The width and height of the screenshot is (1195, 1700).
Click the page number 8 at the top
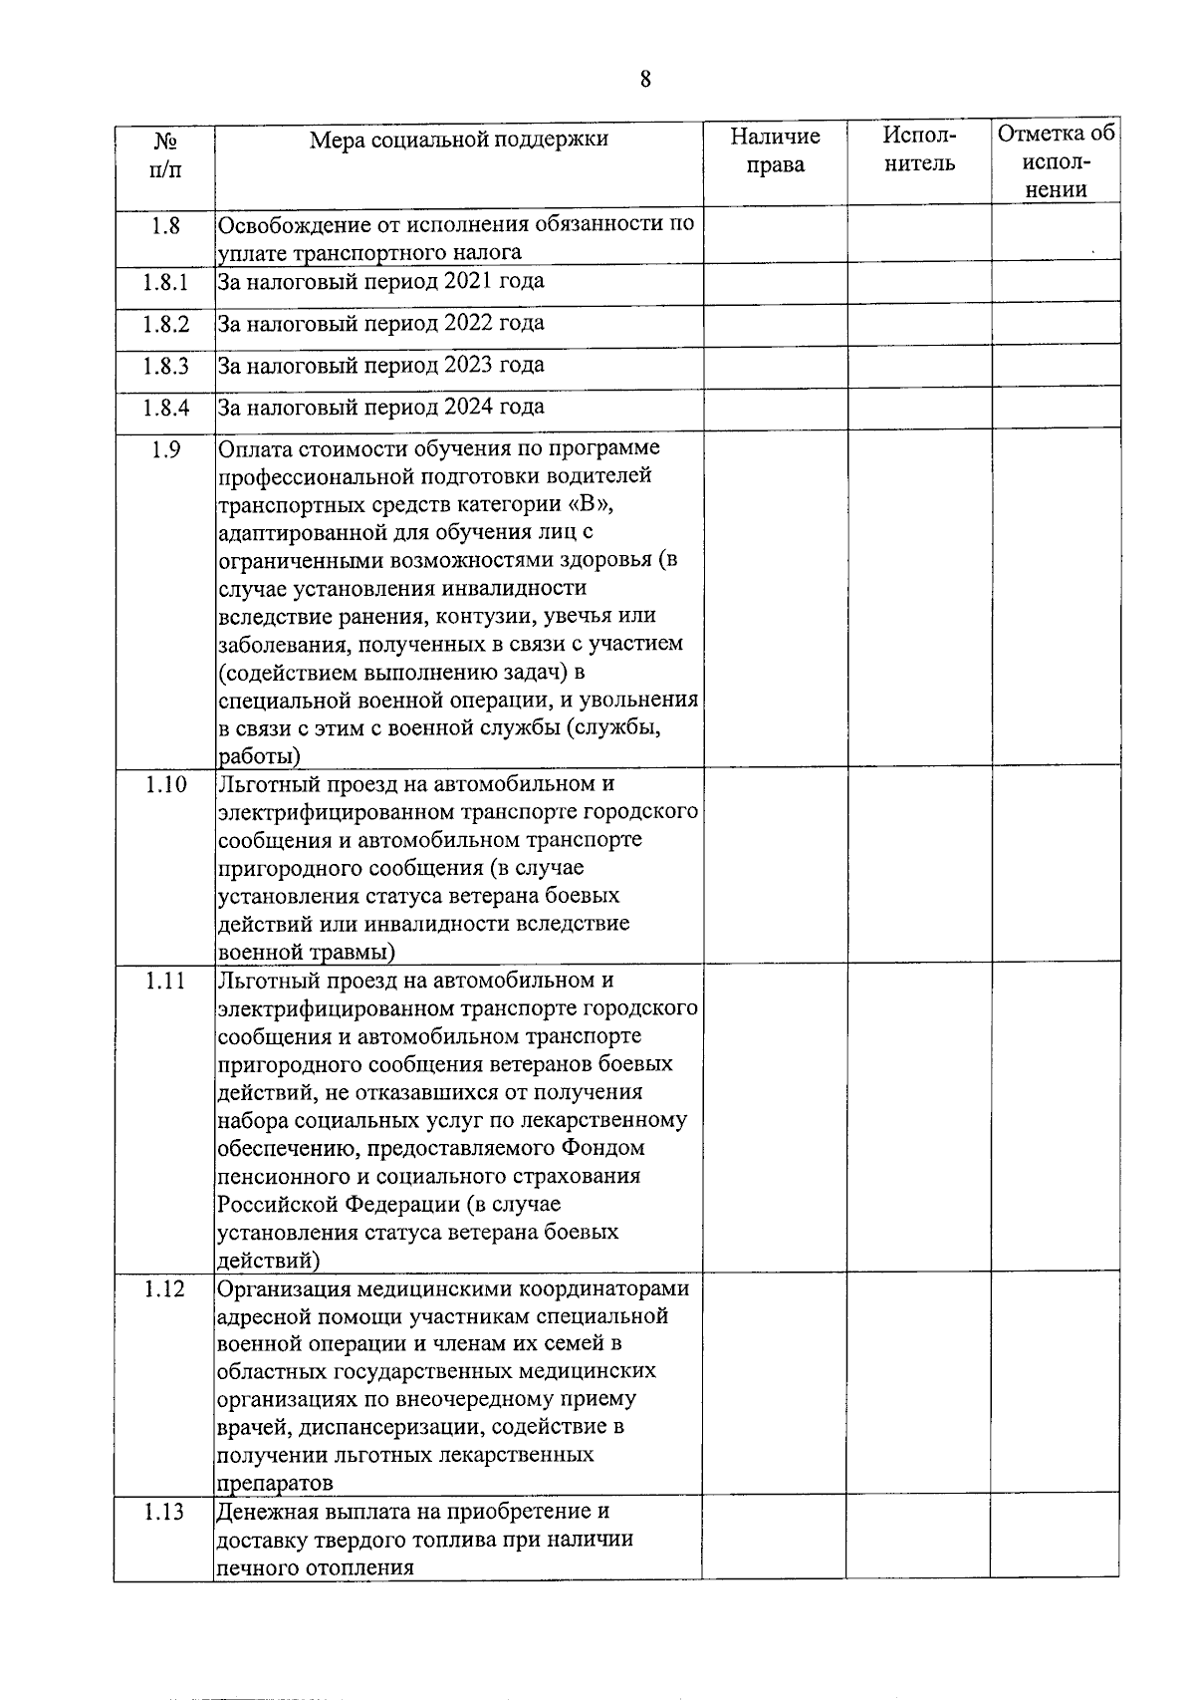point(645,80)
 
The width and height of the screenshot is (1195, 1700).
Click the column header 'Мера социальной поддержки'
point(458,140)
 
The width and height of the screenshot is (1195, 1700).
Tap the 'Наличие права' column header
point(775,150)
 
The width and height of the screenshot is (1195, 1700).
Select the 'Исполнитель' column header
point(919,149)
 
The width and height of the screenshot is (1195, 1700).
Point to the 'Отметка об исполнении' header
point(1056,161)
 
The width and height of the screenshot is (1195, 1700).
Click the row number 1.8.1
point(164,282)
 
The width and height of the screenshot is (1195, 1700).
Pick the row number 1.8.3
point(164,366)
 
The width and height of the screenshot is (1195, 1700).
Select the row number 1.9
point(165,449)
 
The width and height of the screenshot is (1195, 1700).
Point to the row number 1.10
point(165,784)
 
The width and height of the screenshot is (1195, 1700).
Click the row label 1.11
point(165,981)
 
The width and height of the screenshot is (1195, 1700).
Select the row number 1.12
point(164,1288)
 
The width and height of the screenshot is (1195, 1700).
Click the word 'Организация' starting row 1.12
point(281,1289)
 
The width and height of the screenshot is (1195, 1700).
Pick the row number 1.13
point(164,1512)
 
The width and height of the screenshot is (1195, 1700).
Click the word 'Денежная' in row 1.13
point(265,1512)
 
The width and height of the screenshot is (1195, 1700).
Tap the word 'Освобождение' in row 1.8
point(289,224)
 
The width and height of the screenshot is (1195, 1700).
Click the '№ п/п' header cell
point(165,154)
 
